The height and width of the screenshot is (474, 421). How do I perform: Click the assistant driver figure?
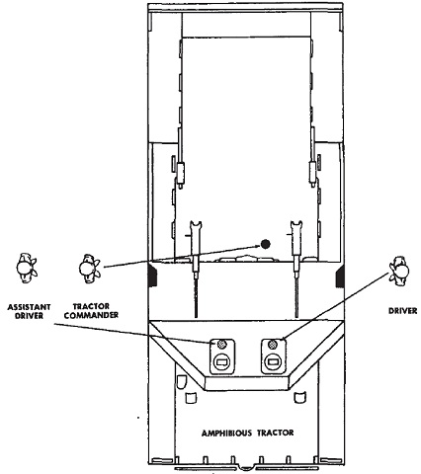(26, 268)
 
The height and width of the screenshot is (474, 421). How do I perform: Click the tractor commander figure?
(89, 269)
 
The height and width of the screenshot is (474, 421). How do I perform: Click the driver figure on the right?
(399, 270)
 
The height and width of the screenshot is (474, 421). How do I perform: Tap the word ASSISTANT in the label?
(29, 307)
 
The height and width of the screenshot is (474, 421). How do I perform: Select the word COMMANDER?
(91, 315)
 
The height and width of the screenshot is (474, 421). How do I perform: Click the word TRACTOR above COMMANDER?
(91, 307)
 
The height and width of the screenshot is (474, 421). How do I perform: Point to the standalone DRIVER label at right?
(402, 311)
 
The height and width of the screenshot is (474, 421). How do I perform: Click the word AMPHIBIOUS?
(227, 433)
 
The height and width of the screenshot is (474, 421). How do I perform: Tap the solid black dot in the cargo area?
(265, 244)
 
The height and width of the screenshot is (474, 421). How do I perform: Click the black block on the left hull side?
(153, 276)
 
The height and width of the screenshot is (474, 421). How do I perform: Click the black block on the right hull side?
(340, 276)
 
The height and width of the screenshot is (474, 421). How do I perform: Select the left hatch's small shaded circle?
(222, 345)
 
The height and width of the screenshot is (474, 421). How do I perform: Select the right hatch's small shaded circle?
(273, 345)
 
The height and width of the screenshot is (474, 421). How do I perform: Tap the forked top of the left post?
(195, 225)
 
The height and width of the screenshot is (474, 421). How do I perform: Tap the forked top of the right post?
(296, 225)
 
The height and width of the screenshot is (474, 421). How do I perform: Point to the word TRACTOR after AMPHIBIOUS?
(276, 433)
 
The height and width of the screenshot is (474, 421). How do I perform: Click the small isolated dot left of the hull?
(138, 418)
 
